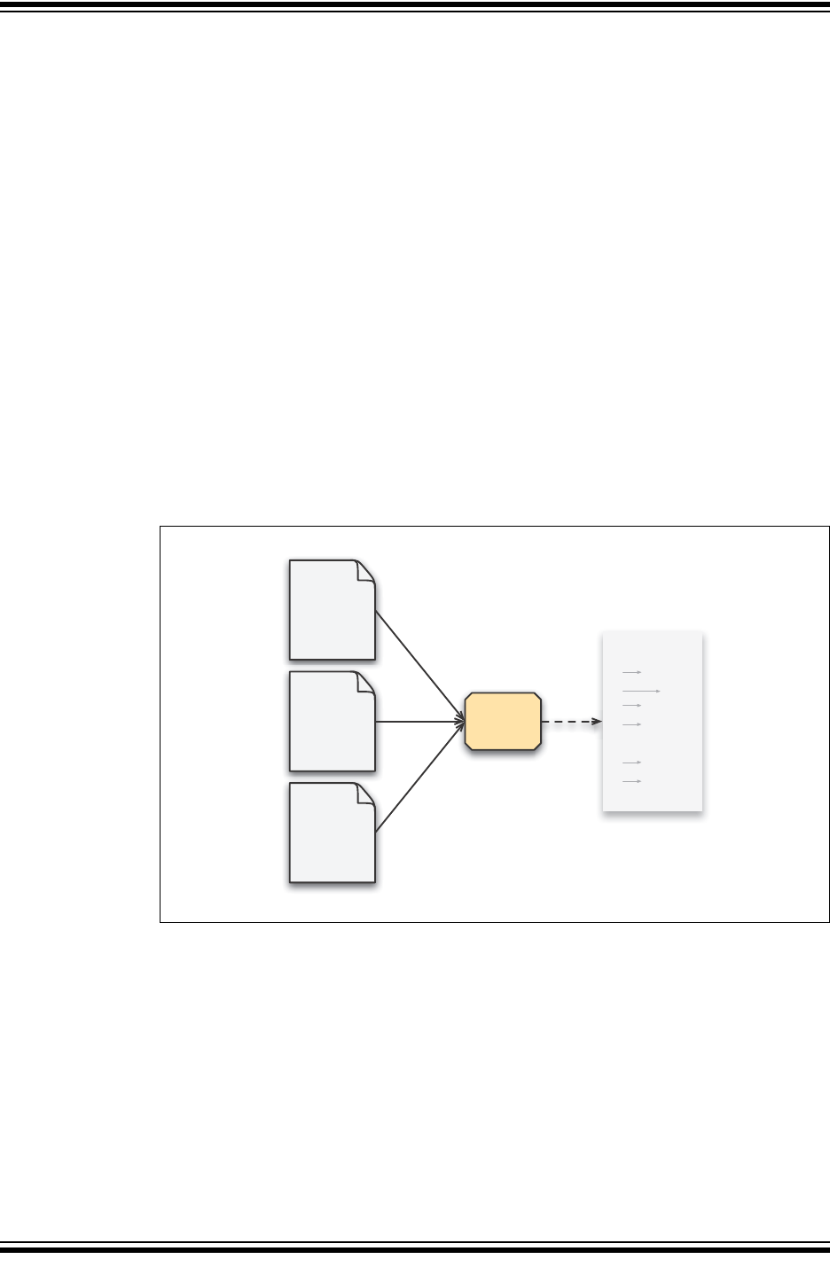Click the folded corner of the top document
click(x=365, y=570)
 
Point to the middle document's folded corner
click(x=365, y=682)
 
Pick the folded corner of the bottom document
click(x=365, y=794)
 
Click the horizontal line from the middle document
click(x=417, y=722)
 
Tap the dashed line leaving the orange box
click(x=568, y=722)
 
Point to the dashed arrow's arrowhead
click(x=598, y=722)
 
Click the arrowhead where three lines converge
click(x=461, y=722)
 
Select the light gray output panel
click(x=653, y=721)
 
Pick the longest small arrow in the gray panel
click(x=641, y=690)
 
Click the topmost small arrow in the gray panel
click(x=631, y=673)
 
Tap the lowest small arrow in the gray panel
click(x=631, y=781)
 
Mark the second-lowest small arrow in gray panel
click(x=631, y=763)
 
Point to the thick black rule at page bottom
click(x=415, y=1250)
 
